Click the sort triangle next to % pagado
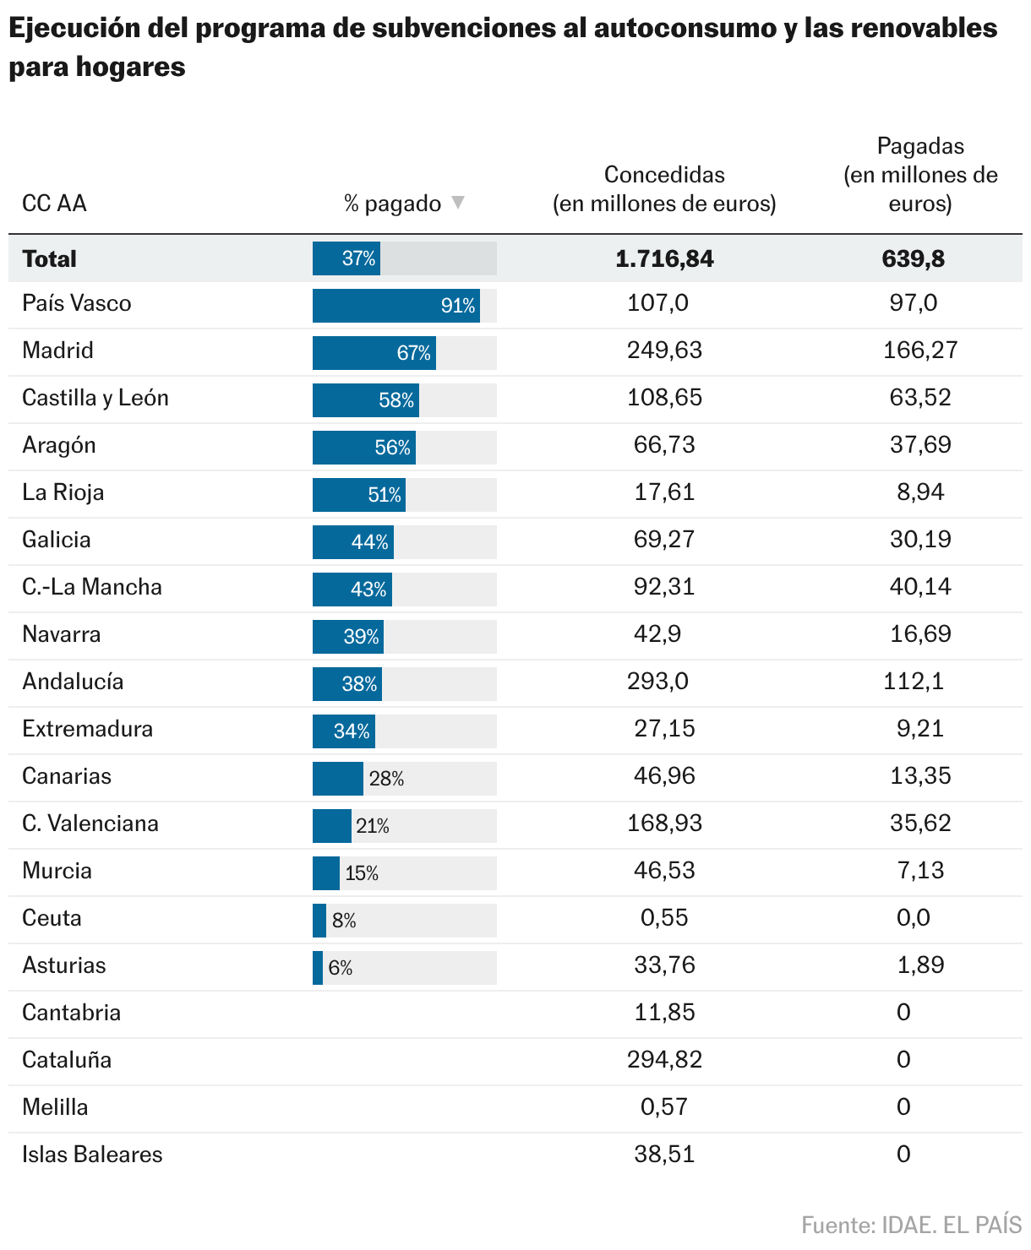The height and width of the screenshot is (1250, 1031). [x=458, y=203]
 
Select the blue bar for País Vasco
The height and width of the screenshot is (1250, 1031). [x=395, y=306]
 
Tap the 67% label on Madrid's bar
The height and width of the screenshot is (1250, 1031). [x=413, y=353]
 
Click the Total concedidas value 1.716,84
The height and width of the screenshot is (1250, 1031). [x=664, y=258]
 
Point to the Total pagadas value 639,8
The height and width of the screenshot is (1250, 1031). [x=913, y=258]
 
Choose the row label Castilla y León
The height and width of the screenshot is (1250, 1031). [x=95, y=398]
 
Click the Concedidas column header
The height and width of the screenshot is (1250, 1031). [x=664, y=189]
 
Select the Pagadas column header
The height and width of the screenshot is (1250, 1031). [x=920, y=175]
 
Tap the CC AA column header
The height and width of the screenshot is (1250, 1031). [x=54, y=204]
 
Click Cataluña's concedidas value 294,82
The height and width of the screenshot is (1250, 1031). [x=664, y=1060]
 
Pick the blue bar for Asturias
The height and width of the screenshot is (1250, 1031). [x=318, y=968]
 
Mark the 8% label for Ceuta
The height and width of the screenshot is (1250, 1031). [x=344, y=921]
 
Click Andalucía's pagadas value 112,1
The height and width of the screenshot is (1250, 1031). [x=913, y=682]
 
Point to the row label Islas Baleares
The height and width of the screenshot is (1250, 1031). [x=92, y=1155]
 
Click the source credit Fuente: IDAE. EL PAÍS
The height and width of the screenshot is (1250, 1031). [x=911, y=1225]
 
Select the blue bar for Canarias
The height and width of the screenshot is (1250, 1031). [x=337, y=779]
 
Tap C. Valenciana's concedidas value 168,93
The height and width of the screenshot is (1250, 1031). [x=664, y=823]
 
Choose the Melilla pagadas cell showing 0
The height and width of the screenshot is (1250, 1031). [x=903, y=1107]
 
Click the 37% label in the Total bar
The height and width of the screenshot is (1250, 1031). [x=358, y=258]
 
